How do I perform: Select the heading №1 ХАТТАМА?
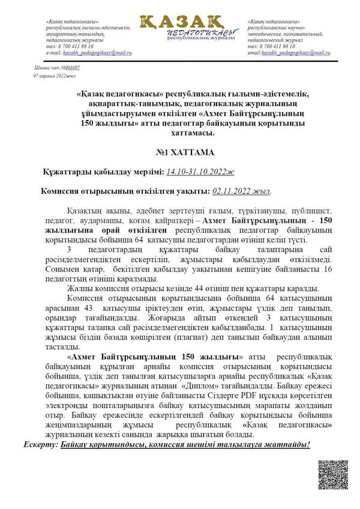coord(180,153)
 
